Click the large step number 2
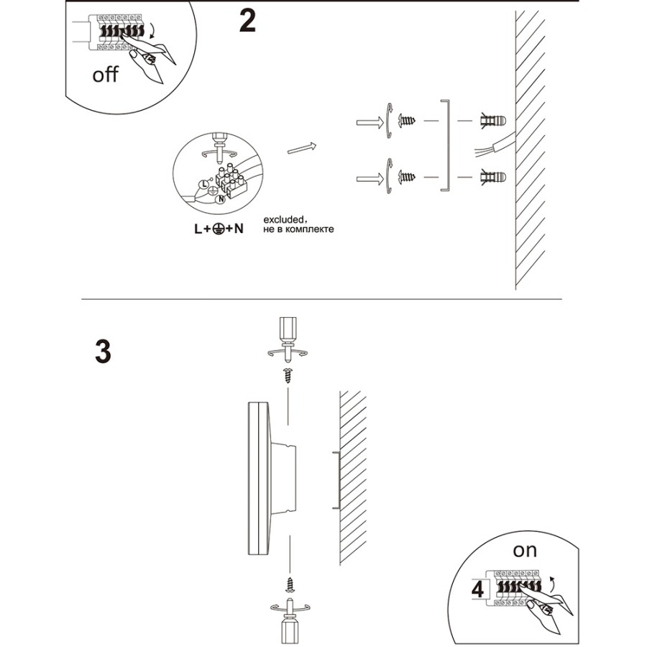point(247,22)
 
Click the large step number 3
point(103,352)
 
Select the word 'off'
point(105,75)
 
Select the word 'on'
point(525,551)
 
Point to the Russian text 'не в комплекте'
point(298,229)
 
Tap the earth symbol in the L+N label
point(215,229)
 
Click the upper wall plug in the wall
point(492,120)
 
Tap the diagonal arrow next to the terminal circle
point(302,147)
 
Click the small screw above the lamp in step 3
point(288,374)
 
